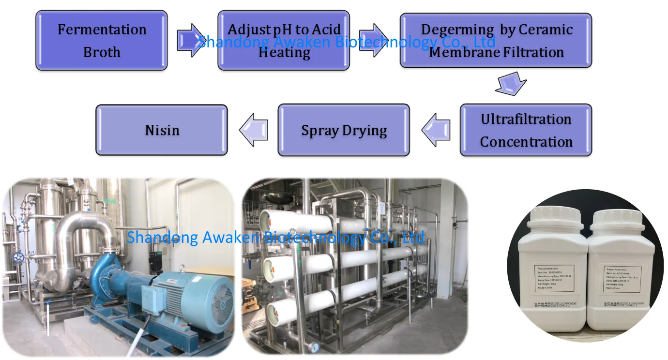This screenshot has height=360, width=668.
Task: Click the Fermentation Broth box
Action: (102, 41)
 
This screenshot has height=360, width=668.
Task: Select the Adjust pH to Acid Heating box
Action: (284, 41)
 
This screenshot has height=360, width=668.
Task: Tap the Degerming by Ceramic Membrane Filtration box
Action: (496, 41)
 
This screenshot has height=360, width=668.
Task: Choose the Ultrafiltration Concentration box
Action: (526, 130)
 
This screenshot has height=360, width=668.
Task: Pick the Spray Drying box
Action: (344, 130)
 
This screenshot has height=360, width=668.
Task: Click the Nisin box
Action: (162, 130)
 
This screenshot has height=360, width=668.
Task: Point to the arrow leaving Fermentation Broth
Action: (192, 40)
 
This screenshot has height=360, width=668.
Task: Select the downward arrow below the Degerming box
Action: (510, 83)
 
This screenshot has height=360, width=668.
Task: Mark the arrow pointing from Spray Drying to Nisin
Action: (254, 130)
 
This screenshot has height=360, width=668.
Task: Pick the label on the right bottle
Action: (622, 279)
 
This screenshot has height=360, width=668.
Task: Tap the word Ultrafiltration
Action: (526, 119)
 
